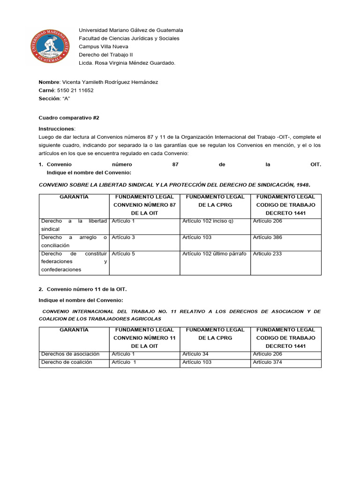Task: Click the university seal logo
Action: click(x=53, y=47)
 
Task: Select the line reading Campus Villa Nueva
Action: click(x=103, y=47)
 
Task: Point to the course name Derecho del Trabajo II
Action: click(x=106, y=55)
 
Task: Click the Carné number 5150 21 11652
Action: click(x=75, y=90)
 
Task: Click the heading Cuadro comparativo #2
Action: click(x=69, y=118)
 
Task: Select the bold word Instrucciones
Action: click(x=56, y=128)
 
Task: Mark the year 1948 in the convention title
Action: click(x=301, y=185)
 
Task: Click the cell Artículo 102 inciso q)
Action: click(x=208, y=221)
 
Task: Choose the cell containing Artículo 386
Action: click(x=267, y=238)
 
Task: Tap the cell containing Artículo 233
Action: click(x=267, y=254)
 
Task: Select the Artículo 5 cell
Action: click(x=123, y=254)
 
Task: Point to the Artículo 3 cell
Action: click(x=123, y=238)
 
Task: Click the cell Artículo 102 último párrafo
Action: click(x=214, y=254)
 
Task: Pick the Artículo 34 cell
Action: click(x=195, y=354)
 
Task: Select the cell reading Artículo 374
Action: click(x=267, y=362)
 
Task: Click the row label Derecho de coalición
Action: click(x=67, y=362)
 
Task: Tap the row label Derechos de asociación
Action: click(x=70, y=354)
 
